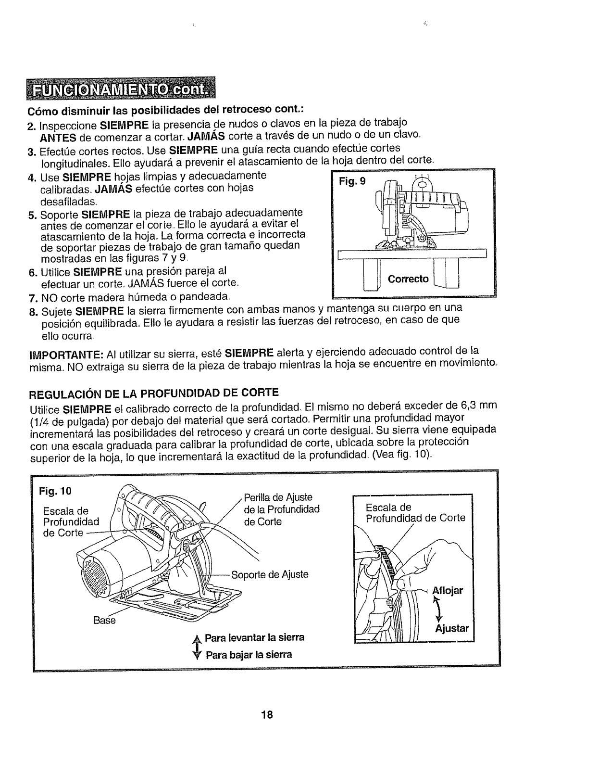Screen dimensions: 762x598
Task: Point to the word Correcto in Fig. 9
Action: [x=408, y=279]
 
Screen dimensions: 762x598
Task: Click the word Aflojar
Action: [x=448, y=590]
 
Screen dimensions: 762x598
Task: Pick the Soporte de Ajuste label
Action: [x=270, y=574]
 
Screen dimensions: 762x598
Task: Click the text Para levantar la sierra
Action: [x=255, y=638]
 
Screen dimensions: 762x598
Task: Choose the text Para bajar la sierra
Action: [x=249, y=655]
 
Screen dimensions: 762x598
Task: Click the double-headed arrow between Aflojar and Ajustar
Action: [x=438, y=610]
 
